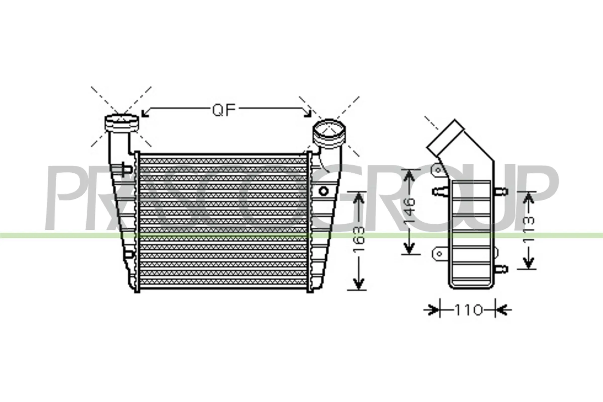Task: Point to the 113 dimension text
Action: [529, 229]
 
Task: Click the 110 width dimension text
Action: [468, 310]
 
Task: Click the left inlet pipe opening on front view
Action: [122, 121]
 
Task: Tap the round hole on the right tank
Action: [324, 191]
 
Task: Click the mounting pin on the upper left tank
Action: [125, 169]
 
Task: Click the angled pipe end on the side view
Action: [445, 136]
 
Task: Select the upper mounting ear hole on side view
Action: [438, 170]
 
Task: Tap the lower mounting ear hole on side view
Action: [439, 254]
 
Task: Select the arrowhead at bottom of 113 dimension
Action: [529, 264]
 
